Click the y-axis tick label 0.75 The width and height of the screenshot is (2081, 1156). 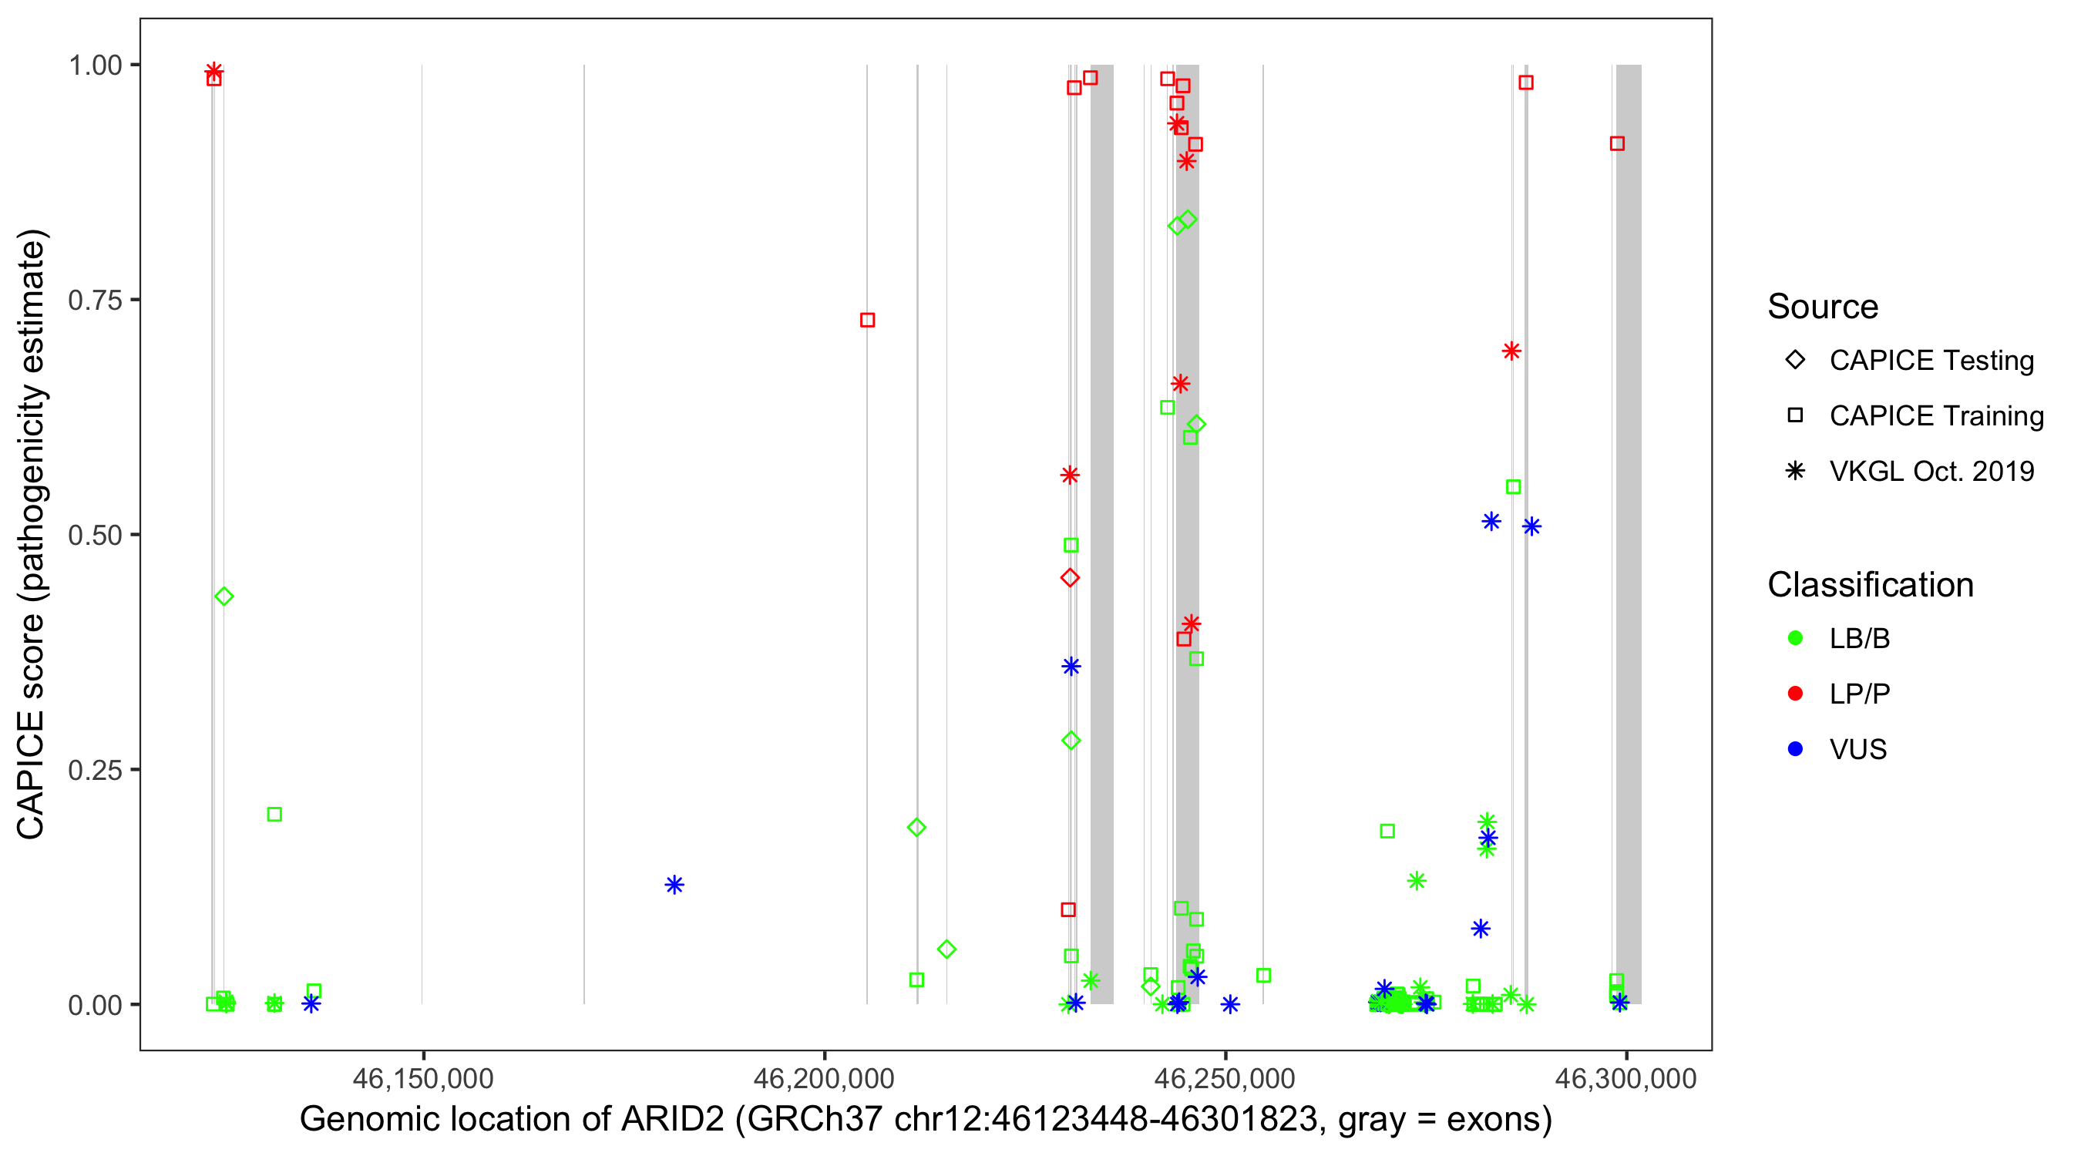95,301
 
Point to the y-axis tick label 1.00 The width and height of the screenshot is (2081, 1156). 95,66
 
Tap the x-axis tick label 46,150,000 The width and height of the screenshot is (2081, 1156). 422,1078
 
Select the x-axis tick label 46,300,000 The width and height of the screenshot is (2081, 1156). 1625,1078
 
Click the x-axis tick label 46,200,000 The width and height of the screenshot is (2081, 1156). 823,1078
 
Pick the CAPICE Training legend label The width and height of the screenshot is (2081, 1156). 1936,416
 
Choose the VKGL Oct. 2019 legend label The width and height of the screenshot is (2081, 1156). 1931,472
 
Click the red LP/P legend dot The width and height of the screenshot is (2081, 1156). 1795,694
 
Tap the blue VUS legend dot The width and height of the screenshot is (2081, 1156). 1795,750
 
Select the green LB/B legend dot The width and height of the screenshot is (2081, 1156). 1795,638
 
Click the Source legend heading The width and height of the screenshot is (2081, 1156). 1823,307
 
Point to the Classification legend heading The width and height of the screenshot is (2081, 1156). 1870,585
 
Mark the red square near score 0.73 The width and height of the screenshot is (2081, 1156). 868,321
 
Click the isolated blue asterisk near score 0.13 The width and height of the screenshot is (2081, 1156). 674,885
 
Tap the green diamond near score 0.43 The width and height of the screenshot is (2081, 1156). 224,597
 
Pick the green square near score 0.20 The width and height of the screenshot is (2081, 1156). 274,815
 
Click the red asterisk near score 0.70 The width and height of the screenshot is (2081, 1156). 1511,351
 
